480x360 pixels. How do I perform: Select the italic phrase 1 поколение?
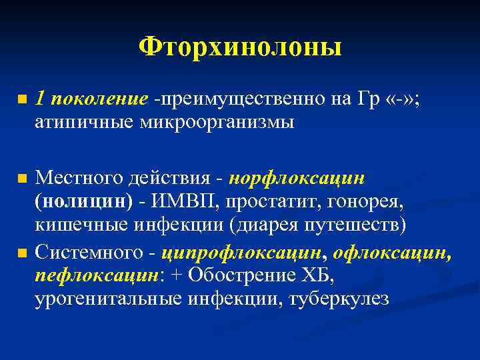91,99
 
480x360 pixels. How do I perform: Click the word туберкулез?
339,299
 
